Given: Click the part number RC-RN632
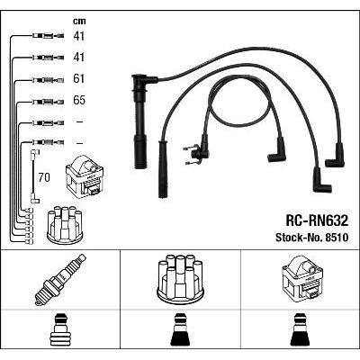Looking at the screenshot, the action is click(x=317, y=221).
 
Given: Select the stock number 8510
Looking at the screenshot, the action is click(x=336, y=238).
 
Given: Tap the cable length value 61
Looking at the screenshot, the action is click(x=79, y=78).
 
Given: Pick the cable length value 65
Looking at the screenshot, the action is click(x=79, y=100).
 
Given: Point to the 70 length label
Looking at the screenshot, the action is click(x=44, y=177).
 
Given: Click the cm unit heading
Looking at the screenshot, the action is click(x=79, y=21).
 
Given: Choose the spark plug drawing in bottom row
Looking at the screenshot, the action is click(x=60, y=280).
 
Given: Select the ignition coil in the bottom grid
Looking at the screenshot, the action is click(x=302, y=278).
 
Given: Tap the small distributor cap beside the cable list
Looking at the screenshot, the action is click(x=65, y=225).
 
